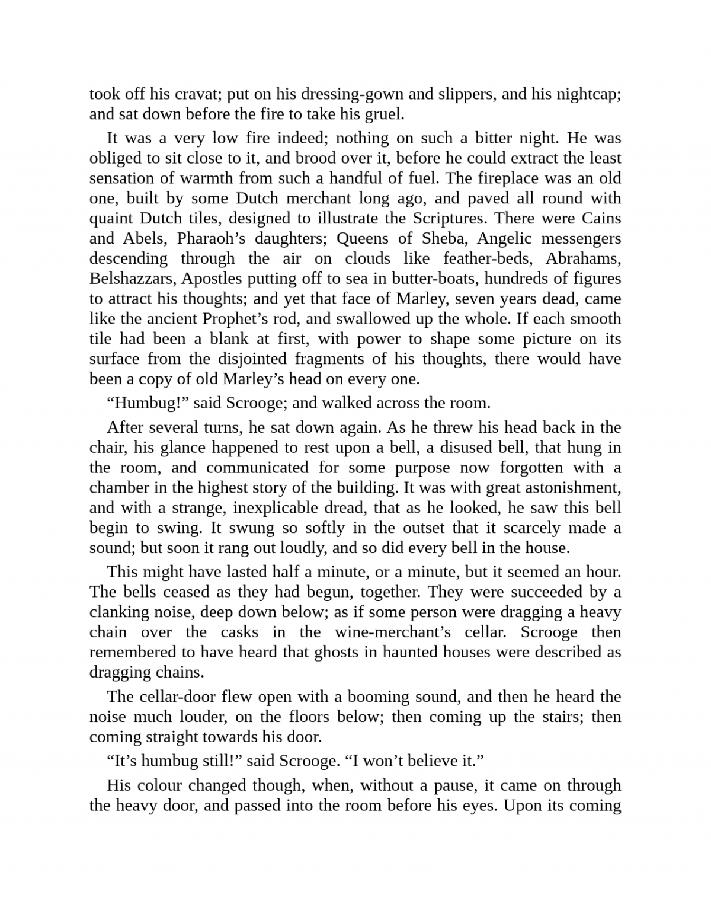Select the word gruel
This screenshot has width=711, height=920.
click(x=385, y=114)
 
